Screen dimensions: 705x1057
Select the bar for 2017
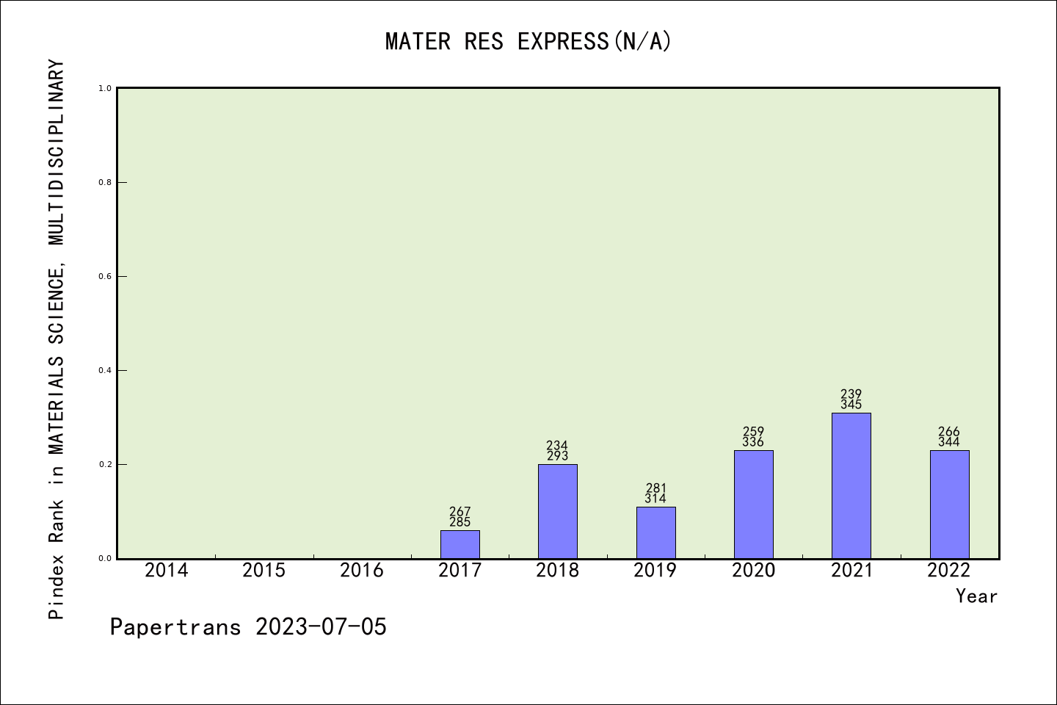tap(460, 544)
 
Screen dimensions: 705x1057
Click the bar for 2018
tap(558, 511)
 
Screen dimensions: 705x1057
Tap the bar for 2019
tap(655, 532)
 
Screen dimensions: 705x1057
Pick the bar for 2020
tap(753, 505)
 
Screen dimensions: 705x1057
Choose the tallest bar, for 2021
tap(851, 485)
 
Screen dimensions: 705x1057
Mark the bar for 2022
tap(949, 505)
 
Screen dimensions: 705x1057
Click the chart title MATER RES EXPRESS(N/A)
tap(528, 41)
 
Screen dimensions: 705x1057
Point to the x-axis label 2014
tap(167, 571)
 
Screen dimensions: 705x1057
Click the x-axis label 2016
tap(362, 571)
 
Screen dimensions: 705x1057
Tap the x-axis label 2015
tap(264, 571)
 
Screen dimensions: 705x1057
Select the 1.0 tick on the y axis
tap(105, 89)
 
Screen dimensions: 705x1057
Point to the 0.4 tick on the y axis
tap(105, 371)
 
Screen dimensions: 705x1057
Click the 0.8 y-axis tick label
tap(105, 183)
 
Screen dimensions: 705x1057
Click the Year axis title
tap(976, 596)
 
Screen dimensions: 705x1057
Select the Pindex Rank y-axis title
tap(57, 339)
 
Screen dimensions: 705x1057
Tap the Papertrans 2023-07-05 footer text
tap(248, 627)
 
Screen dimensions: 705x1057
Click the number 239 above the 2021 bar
tap(851, 394)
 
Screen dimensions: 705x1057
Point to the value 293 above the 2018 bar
tap(558, 456)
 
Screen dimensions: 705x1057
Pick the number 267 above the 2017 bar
tap(460, 512)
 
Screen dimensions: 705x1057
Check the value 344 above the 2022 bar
tap(949, 442)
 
